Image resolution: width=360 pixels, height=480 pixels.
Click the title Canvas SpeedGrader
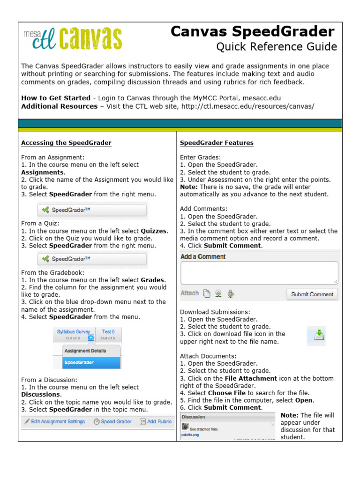[252, 32]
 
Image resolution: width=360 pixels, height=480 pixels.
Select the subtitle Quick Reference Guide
[276, 47]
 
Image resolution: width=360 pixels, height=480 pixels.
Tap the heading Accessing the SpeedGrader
[66, 142]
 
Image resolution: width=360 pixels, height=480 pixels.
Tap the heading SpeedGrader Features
[217, 142]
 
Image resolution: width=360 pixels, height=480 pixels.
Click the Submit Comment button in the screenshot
[312, 294]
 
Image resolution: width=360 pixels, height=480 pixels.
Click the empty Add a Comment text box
[259, 272]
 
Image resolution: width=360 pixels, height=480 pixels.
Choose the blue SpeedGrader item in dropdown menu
[91, 362]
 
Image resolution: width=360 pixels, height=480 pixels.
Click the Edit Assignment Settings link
[54, 421]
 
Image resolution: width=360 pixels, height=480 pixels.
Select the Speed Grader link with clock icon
[112, 421]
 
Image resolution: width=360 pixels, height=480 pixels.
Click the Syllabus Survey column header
[73, 331]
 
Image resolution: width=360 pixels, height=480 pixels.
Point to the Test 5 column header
[108, 331]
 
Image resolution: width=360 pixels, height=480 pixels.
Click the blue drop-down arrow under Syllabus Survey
[91, 337]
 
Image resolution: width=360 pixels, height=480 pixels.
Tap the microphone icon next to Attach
[230, 293]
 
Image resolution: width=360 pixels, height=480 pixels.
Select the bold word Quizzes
[154, 231]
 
